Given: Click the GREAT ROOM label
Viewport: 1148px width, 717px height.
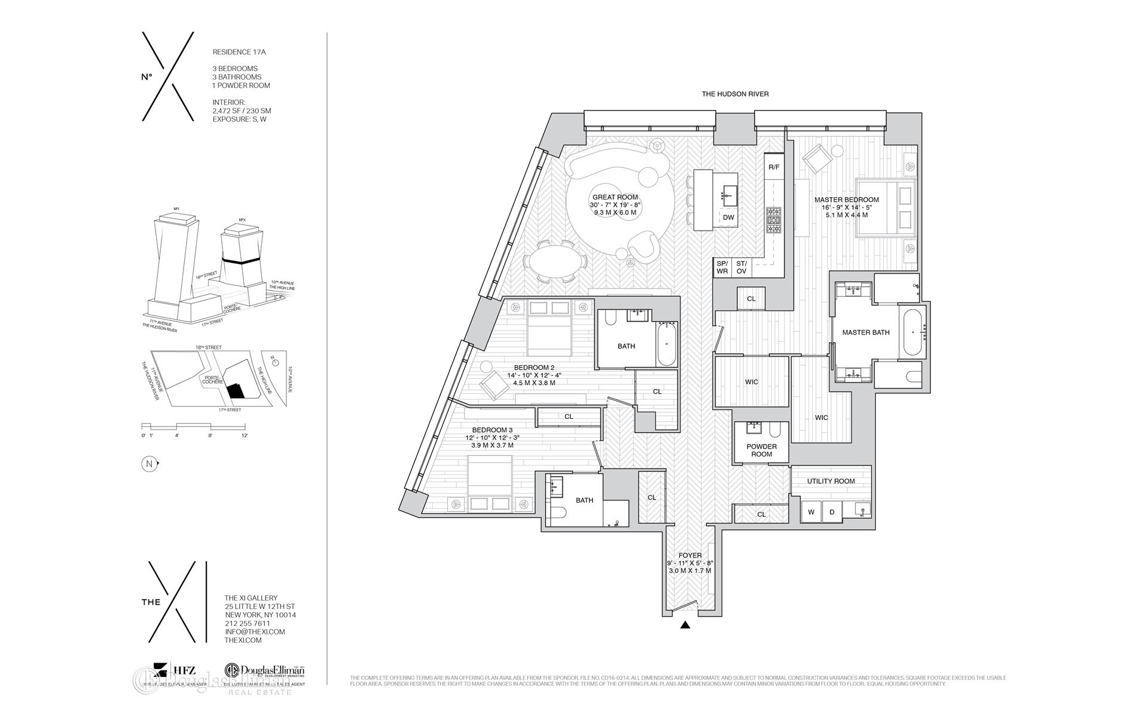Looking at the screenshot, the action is [615, 197].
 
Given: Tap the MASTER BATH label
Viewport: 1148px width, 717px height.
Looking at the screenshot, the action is [865, 333].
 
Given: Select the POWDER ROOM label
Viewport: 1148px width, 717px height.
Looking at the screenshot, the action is [761, 451].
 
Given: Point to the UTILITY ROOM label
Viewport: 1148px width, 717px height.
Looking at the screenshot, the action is [831, 481].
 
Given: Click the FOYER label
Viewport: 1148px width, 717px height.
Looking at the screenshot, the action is [690, 556].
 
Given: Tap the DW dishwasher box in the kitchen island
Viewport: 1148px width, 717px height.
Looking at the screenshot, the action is [728, 217].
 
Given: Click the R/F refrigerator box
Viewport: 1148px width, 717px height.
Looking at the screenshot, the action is [774, 167].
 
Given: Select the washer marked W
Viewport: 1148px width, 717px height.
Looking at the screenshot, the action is [811, 512].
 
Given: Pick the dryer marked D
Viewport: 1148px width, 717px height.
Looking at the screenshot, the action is [832, 512].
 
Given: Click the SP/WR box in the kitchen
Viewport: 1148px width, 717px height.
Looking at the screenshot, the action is [722, 267].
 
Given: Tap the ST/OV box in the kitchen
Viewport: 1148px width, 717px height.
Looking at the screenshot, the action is [741, 267].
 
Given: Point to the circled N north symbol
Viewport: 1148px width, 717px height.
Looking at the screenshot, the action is [148, 464].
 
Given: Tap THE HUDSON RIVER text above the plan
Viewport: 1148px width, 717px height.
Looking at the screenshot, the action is [735, 94].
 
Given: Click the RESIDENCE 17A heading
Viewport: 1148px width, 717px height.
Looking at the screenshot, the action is [239, 52].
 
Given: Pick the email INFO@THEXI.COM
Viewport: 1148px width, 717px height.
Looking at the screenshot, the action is [254, 632].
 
